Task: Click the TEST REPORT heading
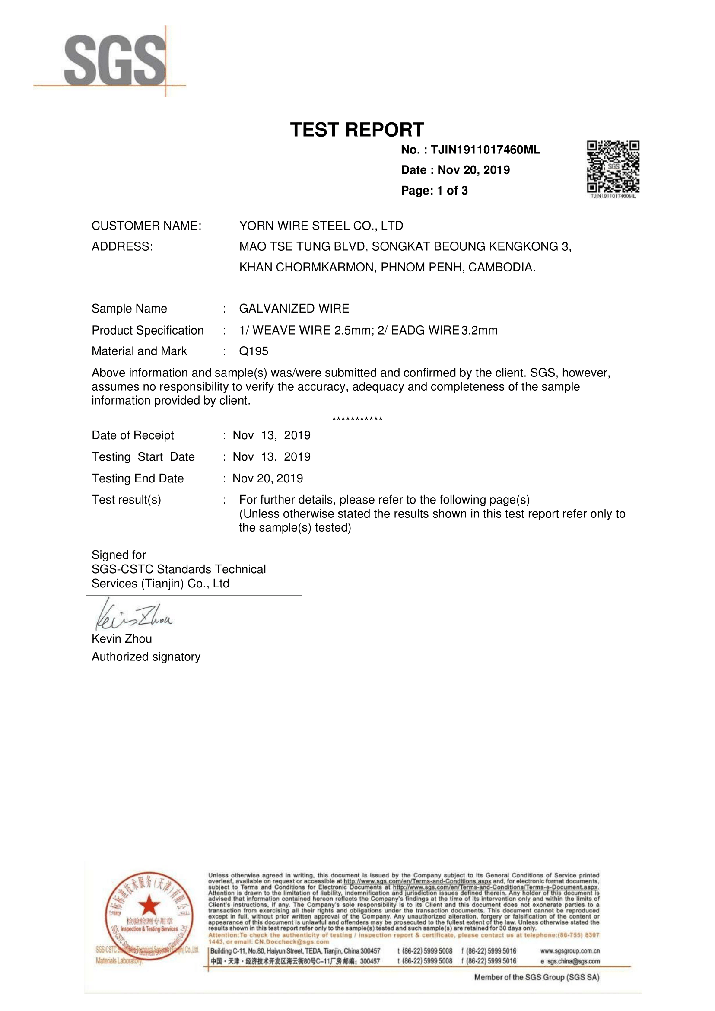pyautogui.click(x=357, y=130)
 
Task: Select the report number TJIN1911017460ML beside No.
pyautogui.click(x=485, y=150)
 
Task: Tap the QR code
pyautogui.click(x=613, y=167)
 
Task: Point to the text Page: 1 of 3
pyautogui.click(x=434, y=191)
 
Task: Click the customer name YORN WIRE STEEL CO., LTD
pyautogui.click(x=321, y=226)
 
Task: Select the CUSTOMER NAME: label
pyautogui.click(x=146, y=226)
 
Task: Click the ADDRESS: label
pyautogui.click(x=122, y=247)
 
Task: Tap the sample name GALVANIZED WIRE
pyautogui.click(x=294, y=308)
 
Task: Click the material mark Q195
pyautogui.click(x=254, y=351)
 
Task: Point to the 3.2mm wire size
pyautogui.click(x=480, y=330)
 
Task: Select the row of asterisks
pyautogui.click(x=357, y=419)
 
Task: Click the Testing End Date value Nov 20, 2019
pyautogui.click(x=268, y=478)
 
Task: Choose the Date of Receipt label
pyautogui.click(x=133, y=435)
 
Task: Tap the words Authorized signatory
pyautogui.click(x=146, y=657)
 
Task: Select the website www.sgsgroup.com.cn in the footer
pyautogui.click(x=570, y=950)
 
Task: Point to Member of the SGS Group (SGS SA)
pyautogui.click(x=536, y=977)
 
